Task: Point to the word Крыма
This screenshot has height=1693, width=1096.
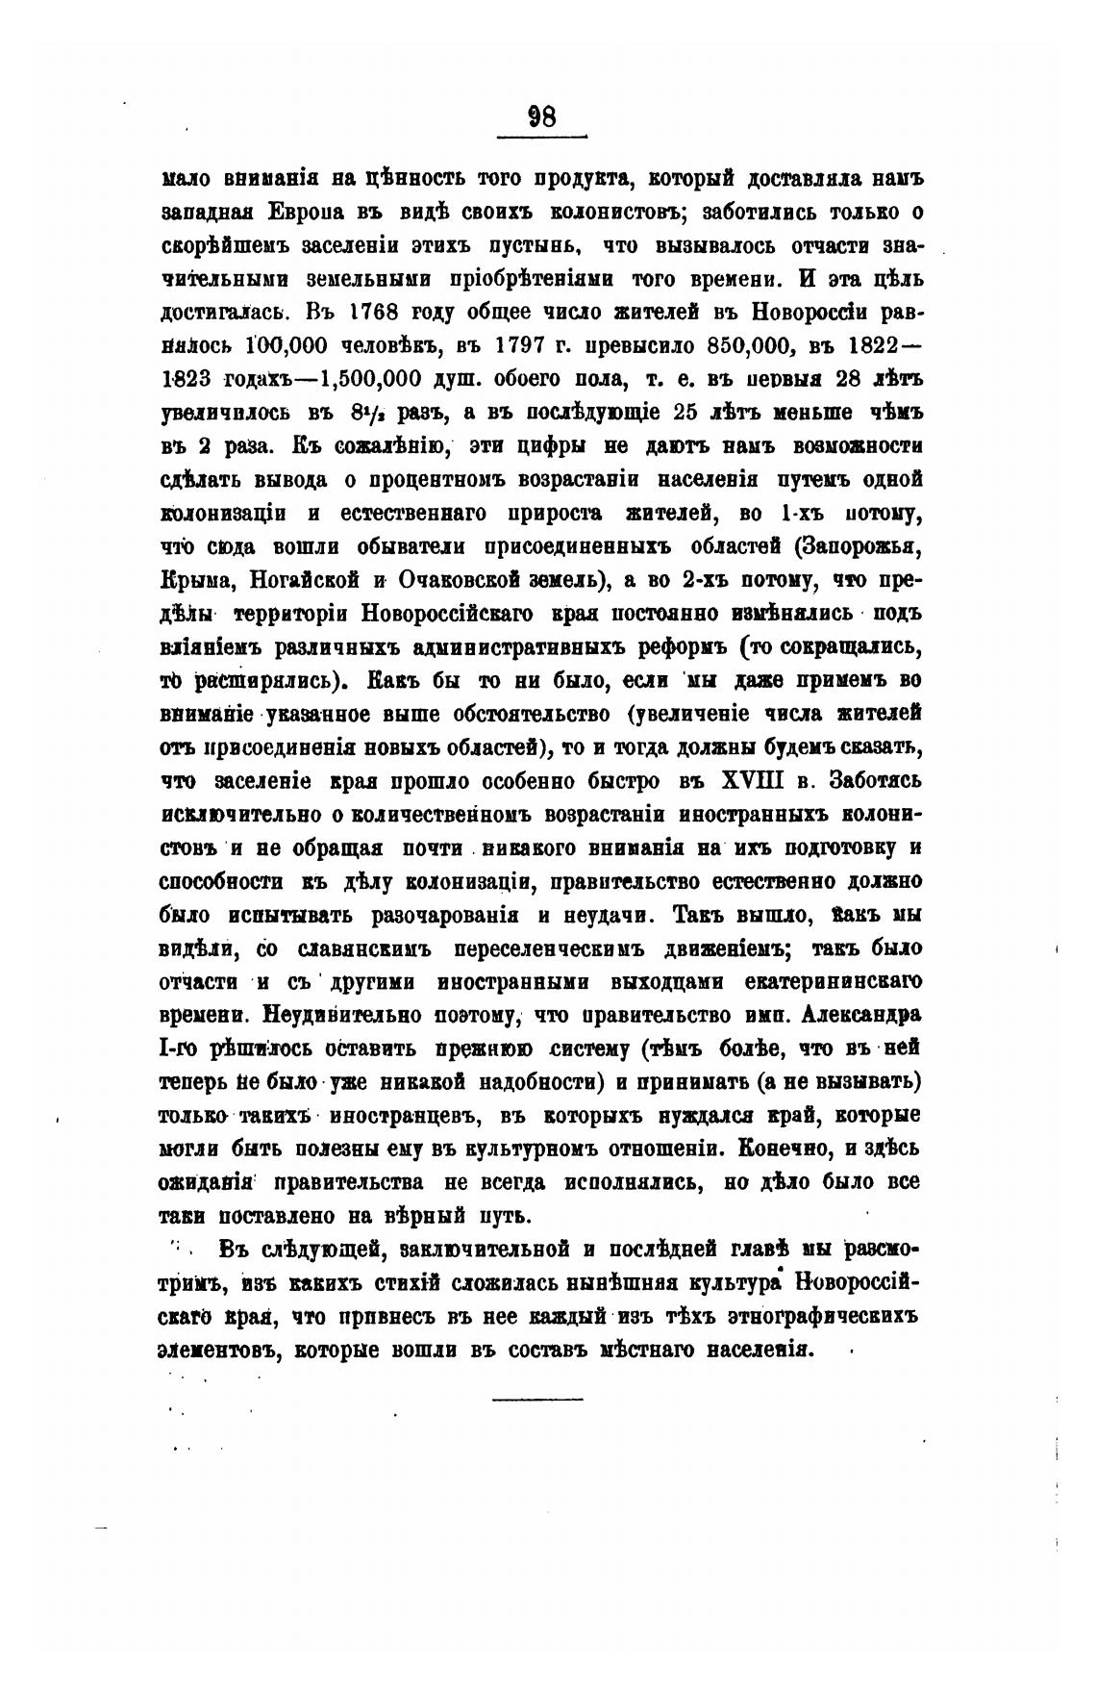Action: (x=195, y=580)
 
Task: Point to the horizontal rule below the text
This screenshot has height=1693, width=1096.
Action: (x=537, y=1398)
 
